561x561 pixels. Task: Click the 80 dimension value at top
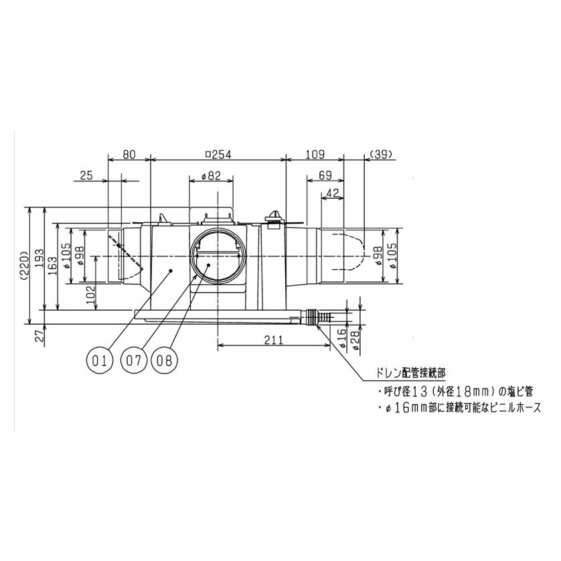pyautogui.click(x=129, y=155)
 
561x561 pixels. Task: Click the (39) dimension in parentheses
pyautogui.click(x=380, y=155)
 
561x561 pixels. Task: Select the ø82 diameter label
pyautogui.click(x=211, y=176)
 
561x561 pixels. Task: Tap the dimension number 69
pyautogui.click(x=325, y=176)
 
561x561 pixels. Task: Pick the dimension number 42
pyautogui.click(x=333, y=193)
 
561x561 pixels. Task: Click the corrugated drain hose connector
pyautogui.click(x=320, y=315)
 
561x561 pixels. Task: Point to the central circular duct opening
pyautogui.click(x=218, y=257)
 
